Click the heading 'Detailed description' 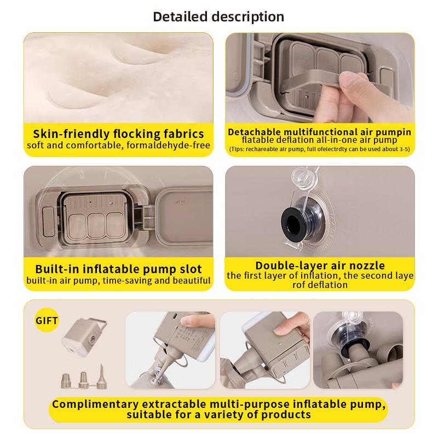click(218, 17)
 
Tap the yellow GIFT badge click(47, 320)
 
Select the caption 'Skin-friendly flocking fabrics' click(118, 134)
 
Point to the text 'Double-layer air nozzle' click(320, 265)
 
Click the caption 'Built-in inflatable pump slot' click(118, 269)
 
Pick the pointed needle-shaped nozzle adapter click(101, 376)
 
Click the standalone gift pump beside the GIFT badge click(84, 338)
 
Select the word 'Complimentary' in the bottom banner click(95, 405)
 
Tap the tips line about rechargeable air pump click(320, 149)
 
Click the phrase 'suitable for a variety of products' click(218, 415)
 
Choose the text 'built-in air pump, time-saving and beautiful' click(118, 280)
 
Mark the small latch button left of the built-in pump click(48, 221)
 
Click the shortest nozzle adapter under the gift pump click(66, 381)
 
